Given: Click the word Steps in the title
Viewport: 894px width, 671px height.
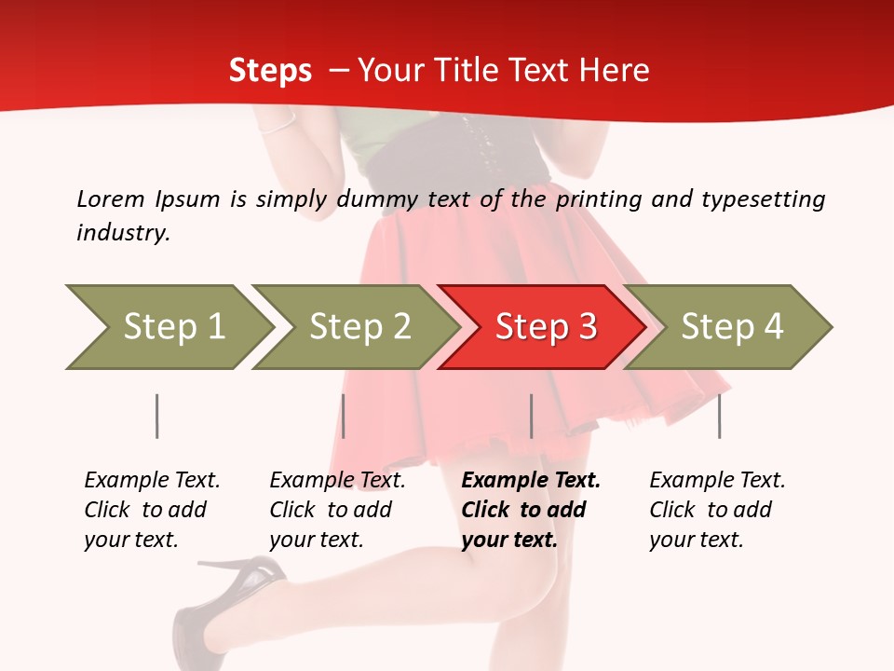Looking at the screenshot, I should pos(270,71).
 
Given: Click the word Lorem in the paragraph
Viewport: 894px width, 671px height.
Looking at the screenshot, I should pos(110,199).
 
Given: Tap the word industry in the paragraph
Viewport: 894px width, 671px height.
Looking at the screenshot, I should pos(123,233).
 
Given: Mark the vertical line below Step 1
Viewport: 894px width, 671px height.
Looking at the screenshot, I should pos(157,416).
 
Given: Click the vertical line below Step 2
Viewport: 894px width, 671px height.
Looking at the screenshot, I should pos(344,416).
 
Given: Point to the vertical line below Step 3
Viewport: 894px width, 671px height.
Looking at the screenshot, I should pos(531,416).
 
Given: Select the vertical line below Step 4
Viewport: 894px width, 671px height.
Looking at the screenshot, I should pos(719,416).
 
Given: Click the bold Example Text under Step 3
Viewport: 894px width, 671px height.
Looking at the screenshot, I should pos(531,481).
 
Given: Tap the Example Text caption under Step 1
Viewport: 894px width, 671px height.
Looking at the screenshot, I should pos(152,481).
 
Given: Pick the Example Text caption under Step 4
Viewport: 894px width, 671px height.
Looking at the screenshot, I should pos(717,481).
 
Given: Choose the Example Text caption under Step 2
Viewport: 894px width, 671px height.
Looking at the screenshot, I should pos(337,481).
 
